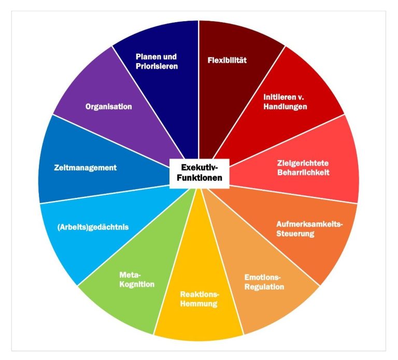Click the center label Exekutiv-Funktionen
[x=199, y=172]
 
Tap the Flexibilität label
[x=227, y=60]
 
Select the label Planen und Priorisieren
[x=157, y=61]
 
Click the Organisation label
[x=109, y=107]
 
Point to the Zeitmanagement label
[x=86, y=168]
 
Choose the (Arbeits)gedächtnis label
[x=93, y=227]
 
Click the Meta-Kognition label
[x=137, y=279]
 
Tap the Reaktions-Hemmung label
[x=199, y=299]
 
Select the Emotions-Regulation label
[x=264, y=282]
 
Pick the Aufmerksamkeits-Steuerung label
[x=309, y=228]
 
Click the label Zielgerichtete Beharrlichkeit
[x=303, y=168]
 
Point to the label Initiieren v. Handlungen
[x=285, y=102]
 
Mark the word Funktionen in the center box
[x=199, y=178]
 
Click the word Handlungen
[x=285, y=106]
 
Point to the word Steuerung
[x=295, y=233]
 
